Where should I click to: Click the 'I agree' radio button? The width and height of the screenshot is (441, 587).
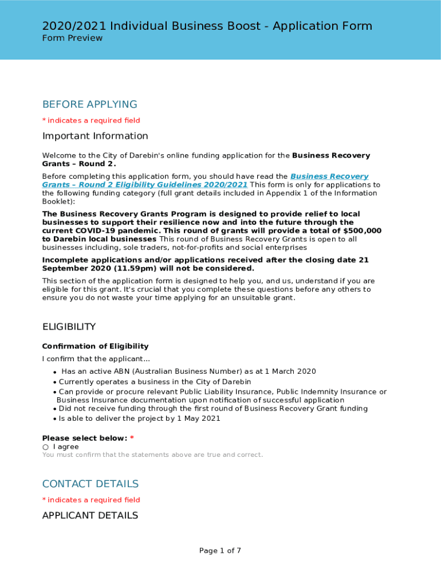point(45,447)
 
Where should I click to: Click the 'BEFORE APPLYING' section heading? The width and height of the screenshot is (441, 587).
point(89,104)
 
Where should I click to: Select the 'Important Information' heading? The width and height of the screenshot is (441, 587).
point(95,136)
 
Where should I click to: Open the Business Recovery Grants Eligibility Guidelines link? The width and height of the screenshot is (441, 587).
point(145,185)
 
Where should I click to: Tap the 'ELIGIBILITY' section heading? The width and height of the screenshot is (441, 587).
point(69,327)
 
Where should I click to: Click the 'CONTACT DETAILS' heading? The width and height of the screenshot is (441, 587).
point(90,484)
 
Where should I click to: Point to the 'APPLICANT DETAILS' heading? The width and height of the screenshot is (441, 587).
point(90,515)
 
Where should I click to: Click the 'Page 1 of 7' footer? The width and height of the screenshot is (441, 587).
point(220,551)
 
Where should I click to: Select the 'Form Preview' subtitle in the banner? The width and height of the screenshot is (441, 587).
point(72,38)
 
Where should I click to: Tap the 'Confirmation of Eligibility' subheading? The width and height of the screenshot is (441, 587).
point(95,346)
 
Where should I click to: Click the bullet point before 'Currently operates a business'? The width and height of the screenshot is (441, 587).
point(54,382)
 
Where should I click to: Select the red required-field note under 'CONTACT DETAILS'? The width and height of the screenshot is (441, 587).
point(91,500)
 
